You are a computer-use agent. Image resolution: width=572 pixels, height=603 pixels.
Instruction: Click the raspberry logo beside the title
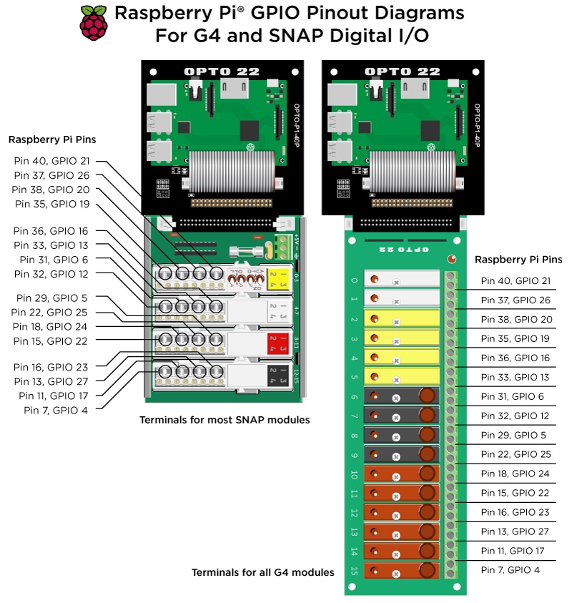94,23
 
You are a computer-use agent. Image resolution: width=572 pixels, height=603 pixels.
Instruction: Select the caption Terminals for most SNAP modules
225,420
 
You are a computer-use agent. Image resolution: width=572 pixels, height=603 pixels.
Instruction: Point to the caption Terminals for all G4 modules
262,572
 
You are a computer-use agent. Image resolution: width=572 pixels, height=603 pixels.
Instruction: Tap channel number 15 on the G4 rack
354,570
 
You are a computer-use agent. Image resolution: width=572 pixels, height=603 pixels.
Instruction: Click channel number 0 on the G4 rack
354,280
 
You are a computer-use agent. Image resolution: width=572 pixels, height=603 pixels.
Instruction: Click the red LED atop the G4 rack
452,259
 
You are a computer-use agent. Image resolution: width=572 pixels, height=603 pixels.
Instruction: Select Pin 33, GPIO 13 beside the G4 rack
515,377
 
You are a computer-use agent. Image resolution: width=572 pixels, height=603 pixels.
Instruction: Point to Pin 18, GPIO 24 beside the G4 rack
515,474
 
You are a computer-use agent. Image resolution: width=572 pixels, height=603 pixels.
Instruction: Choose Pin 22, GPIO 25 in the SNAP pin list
50,312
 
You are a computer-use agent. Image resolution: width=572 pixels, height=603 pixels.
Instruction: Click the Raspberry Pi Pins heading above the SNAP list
52,139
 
